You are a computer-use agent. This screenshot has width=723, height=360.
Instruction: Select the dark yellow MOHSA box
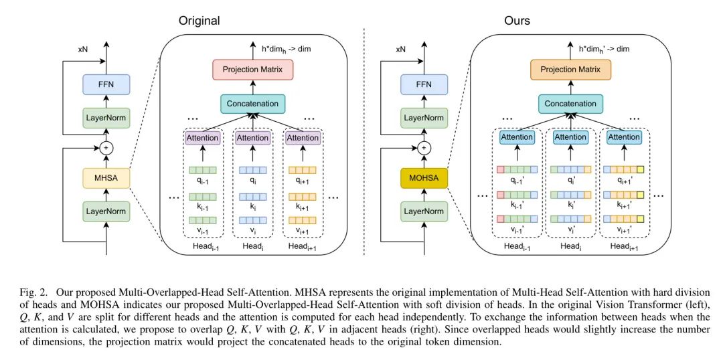click(x=423, y=177)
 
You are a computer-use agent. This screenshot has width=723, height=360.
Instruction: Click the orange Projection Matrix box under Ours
click(x=570, y=69)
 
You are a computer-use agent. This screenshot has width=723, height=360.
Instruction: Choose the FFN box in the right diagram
click(x=423, y=85)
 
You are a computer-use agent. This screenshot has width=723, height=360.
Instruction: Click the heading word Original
click(x=199, y=21)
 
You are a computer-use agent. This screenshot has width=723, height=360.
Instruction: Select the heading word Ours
click(x=517, y=21)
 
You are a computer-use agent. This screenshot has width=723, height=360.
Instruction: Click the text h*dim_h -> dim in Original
click(x=284, y=48)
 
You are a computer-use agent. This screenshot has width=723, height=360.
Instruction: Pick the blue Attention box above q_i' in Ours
click(x=570, y=137)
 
